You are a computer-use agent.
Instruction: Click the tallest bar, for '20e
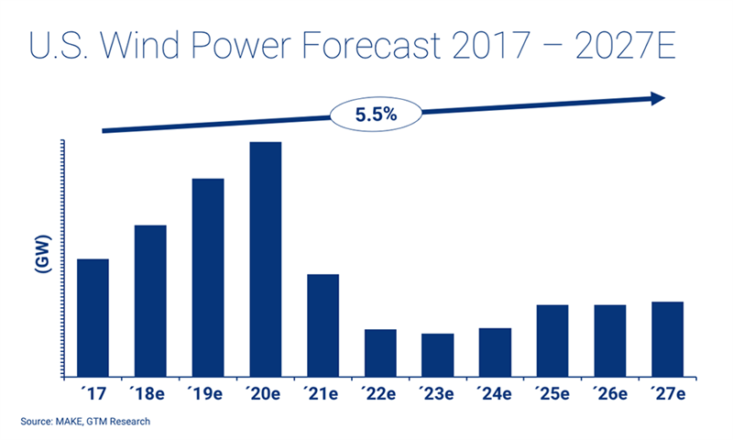click(266, 258)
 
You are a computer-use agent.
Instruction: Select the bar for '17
click(93, 317)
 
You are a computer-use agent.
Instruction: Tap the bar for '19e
click(208, 277)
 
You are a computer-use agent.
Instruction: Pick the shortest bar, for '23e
click(438, 355)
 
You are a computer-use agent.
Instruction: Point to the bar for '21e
click(323, 325)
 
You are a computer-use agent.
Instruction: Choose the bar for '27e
click(668, 338)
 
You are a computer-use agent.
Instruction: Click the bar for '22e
click(380, 353)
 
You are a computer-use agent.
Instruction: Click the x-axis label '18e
click(150, 394)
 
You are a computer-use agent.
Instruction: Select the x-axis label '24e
click(496, 394)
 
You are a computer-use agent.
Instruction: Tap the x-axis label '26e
click(610, 394)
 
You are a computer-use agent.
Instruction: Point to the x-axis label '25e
click(552, 394)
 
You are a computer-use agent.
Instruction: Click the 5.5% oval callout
click(373, 115)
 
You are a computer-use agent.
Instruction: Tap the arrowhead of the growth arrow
click(656, 98)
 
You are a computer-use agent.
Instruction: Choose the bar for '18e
click(150, 301)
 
